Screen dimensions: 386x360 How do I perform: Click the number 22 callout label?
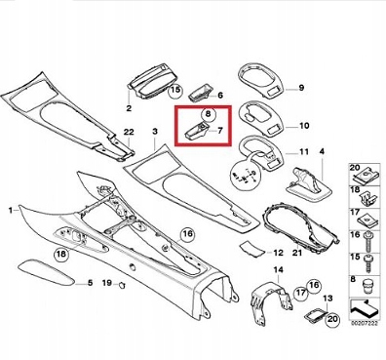click(129, 132)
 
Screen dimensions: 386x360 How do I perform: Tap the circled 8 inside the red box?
click(209, 113)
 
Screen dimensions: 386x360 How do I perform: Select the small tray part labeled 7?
click(197, 132)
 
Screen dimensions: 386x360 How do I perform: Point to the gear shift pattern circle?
click(244, 178)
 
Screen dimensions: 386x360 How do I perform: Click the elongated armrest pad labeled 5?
click(45, 273)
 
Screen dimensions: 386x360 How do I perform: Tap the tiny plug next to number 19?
click(122, 285)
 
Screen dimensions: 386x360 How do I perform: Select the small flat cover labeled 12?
click(252, 249)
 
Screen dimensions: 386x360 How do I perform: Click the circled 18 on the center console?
click(61, 254)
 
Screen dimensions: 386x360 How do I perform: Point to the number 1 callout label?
click(11, 211)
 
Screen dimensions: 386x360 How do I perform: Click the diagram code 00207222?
click(365, 323)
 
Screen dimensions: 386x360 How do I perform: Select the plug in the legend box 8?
click(367, 286)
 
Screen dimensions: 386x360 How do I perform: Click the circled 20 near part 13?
click(332, 319)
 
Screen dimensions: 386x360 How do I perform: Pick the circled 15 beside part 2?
click(175, 90)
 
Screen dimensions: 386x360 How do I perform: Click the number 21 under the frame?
click(297, 253)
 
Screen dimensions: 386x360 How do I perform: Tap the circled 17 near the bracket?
click(301, 294)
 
